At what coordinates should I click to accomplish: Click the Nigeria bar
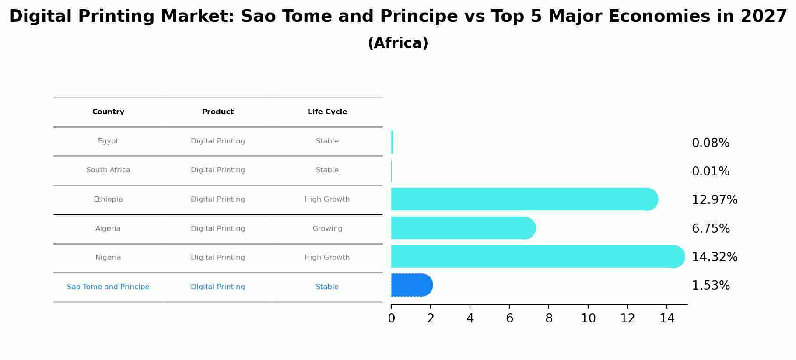[x=538, y=256]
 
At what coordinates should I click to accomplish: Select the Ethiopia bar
[x=525, y=199]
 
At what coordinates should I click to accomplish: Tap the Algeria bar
[x=463, y=228]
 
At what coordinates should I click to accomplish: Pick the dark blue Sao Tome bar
[x=412, y=285]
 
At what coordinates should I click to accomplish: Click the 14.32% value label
[x=715, y=257]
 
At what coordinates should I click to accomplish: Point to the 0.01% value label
[x=711, y=171]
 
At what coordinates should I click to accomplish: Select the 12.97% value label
[x=715, y=200]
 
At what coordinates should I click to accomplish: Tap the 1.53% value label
[x=711, y=286]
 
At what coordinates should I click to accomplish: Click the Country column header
[x=108, y=112]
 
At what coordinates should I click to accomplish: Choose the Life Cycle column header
[x=327, y=112]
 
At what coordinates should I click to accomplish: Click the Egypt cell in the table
[x=108, y=141]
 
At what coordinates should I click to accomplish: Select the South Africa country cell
[x=108, y=170]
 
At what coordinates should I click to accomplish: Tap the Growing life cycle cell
[x=327, y=229]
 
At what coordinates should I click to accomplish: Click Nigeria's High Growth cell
[x=327, y=258]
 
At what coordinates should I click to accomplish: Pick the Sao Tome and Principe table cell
[x=108, y=287]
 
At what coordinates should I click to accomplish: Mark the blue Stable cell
[x=327, y=287]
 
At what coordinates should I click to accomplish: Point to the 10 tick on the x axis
[x=588, y=318]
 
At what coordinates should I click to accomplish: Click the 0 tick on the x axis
[x=391, y=318]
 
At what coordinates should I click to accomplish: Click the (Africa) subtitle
[x=398, y=43]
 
